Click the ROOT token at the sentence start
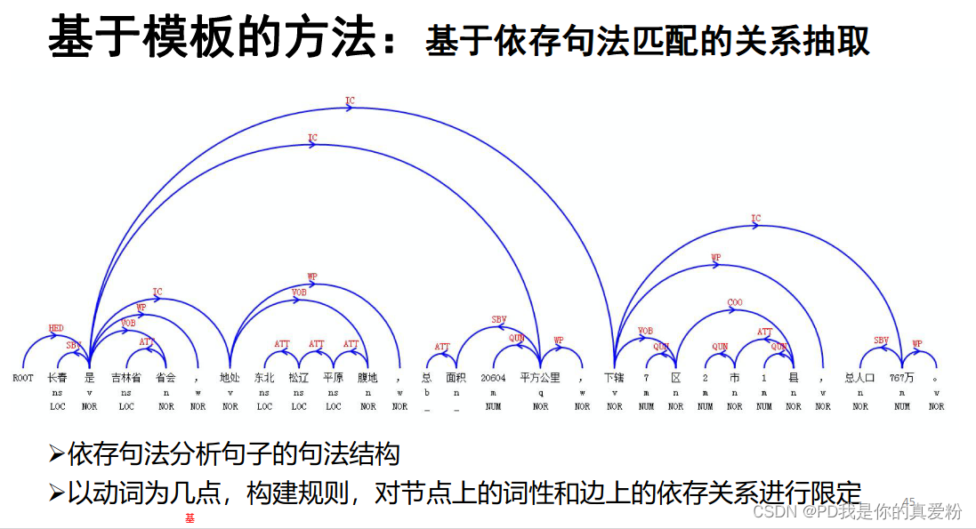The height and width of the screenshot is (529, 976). pyautogui.click(x=23, y=378)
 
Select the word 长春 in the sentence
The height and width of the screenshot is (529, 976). pyautogui.click(x=57, y=378)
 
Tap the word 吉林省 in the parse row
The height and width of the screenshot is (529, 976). pyautogui.click(x=126, y=378)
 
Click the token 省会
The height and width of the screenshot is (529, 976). pyautogui.click(x=166, y=378)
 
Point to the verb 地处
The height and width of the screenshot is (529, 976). pyautogui.click(x=230, y=378)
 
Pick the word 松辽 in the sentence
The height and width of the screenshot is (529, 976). pyautogui.click(x=298, y=378)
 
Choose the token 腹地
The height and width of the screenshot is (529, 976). pyautogui.click(x=367, y=378)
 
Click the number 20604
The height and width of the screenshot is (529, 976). pyautogui.click(x=493, y=378)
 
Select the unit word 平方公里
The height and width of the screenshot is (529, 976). pyautogui.click(x=540, y=378)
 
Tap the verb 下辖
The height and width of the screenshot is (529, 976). pyautogui.click(x=614, y=378)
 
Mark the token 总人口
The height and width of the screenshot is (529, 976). pyautogui.click(x=860, y=378)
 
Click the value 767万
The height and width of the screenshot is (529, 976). pyautogui.click(x=901, y=378)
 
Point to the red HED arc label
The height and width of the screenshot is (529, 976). pyautogui.click(x=56, y=328)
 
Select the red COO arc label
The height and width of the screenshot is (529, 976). pyautogui.click(x=734, y=302)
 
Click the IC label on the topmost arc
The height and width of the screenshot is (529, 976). pyautogui.click(x=350, y=101)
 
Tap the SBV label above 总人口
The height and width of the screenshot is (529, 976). pyautogui.click(x=881, y=341)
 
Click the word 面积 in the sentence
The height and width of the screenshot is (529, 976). pyautogui.click(x=456, y=378)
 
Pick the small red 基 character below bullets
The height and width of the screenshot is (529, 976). pyautogui.click(x=190, y=517)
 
